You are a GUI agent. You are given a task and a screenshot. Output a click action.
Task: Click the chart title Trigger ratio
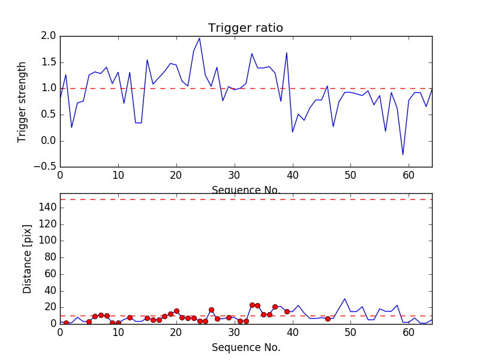pyautogui.click(x=245, y=28)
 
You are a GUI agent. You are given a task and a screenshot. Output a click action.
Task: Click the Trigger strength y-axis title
pyautogui.click(x=22, y=101)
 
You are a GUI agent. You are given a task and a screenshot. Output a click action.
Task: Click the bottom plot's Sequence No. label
pyautogui.click(x=245, y=347)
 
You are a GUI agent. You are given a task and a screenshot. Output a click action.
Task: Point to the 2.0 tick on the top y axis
pyautogui.click(x=49, y=36)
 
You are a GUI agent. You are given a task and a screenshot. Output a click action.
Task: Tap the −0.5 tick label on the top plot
pyautogui.click(x=46, y=167)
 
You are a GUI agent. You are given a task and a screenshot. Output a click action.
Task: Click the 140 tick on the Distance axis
pyautogui.click(x=48, y=208)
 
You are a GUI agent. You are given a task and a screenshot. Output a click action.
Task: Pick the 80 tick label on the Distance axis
pyautogui.click(x=50, y=257)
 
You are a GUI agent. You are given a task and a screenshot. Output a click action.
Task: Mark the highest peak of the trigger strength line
pyautogui.click(x=199, y=38)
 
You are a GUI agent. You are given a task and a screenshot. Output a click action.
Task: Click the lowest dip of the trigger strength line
pyautogui.click(x=403, y=155)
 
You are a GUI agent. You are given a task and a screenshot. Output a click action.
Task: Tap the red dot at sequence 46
pyautogui.click(x=328, y=319)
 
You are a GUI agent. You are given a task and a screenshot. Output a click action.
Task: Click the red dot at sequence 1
pyautogui.click(x=66, y=323)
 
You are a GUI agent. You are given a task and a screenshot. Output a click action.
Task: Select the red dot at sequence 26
pyautogui.click(x=211, y=310)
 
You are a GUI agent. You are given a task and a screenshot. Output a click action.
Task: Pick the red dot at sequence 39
pyautogui.click(x=287, y=311)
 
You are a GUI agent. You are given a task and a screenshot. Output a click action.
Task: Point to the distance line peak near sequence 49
pyautogui.click(x=345, y=299)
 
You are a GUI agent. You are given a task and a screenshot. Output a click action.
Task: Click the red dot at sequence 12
pyautogui.click(x=130, y=317)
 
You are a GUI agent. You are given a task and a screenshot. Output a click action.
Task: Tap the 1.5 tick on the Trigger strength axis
pyautogui.click(x=49, y=62)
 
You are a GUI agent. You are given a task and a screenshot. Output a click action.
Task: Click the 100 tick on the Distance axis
pyautogui.click(x=48, y=241)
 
